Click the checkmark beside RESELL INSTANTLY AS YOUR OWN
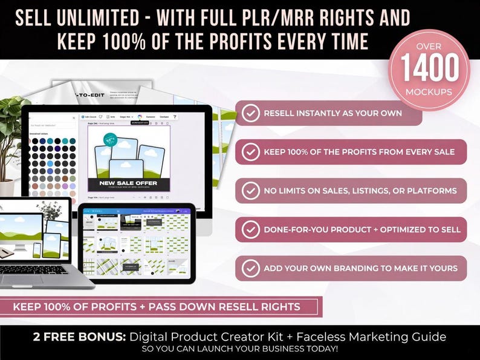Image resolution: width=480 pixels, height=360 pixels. pyautogui.click(x=250, y=113)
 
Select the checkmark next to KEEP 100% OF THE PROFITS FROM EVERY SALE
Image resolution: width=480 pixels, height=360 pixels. pyautogui.click(x=250, y=152)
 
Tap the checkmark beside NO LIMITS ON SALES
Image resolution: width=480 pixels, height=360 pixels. pyautogui.click(x=250, y=191)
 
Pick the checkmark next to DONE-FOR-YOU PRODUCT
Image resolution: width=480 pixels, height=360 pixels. pyautogui.click(x=250, y=230)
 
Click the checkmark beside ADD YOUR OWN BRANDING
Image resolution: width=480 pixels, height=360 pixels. pyautogui.click(x=250, y=268)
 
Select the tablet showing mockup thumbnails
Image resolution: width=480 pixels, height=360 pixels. pyautogui.click(x=137, y=242)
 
